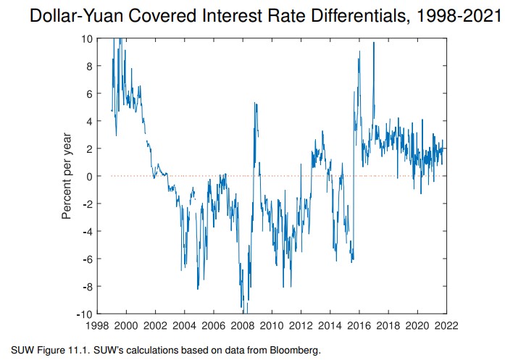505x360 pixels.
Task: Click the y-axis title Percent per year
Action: [66, 177]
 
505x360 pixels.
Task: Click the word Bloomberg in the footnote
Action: [295, 351]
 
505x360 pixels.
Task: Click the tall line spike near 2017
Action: [374, 43]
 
